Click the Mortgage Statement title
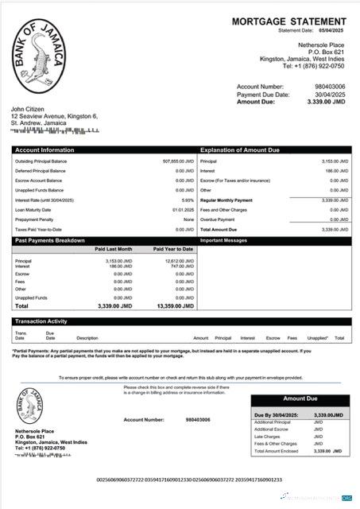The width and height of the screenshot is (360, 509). (288, 21)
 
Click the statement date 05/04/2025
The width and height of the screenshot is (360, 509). (335, 31)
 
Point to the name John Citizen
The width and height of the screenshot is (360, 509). (29, 109)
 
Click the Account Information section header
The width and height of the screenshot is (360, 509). (45, 150)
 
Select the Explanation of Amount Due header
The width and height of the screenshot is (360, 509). (239, 150)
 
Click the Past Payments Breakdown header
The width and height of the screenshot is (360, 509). (50, 239)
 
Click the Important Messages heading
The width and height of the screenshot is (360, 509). (225, 239)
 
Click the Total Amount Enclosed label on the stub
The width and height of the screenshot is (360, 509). (276, 451)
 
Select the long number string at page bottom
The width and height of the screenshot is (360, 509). (188, 480)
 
